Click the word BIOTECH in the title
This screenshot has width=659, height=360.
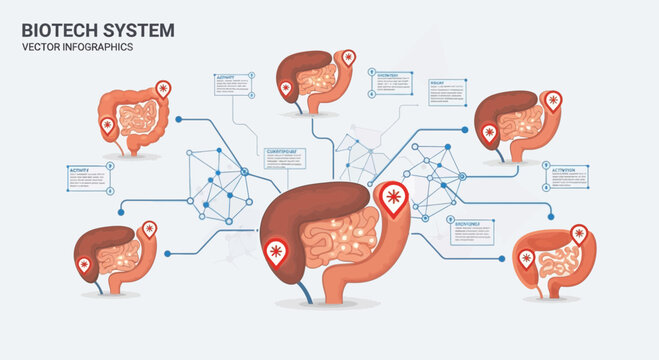pyautogui.click(x=57, y=30)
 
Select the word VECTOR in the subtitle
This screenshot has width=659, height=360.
pyautogui.click(x=41, y=50)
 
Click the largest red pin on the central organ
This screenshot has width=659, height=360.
pyautogui.click(x=392, y=199)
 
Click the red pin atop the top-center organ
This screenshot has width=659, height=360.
pyautogui.click(x=347, y=59)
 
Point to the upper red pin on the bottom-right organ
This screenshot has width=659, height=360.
pyautogui.click(x=577, y=234)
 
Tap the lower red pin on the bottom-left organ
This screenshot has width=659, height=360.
pyautogui.click(x=83, y=265)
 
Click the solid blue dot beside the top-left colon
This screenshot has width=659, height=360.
pyautogui.click(x=178, y=118)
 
